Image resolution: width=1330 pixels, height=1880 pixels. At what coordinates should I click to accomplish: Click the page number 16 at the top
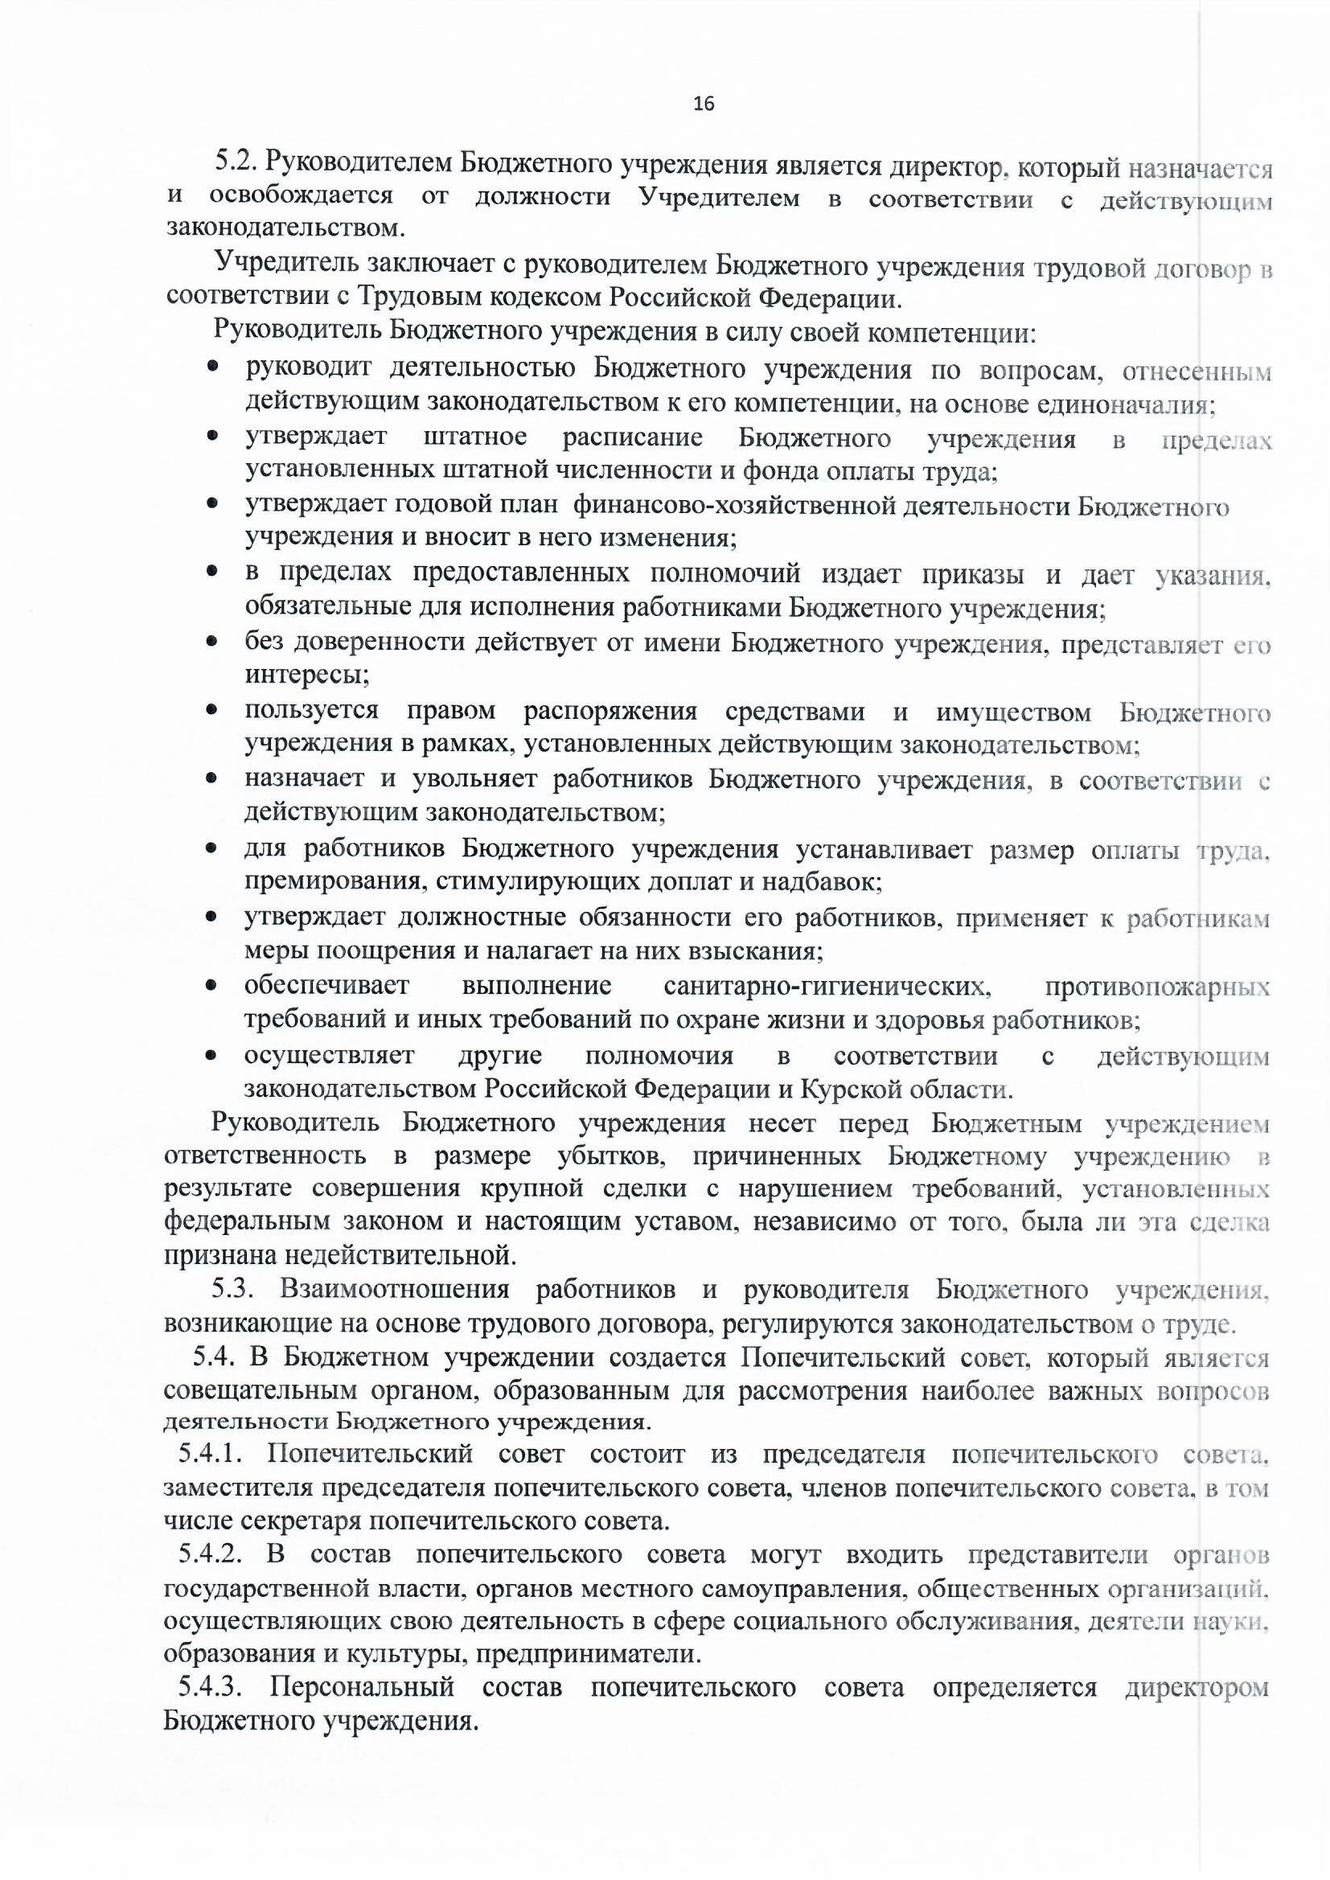click(704, 104)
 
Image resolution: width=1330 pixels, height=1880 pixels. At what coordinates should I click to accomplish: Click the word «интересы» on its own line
click(306, 676)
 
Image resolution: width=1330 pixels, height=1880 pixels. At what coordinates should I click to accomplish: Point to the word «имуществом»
click(1014, 712)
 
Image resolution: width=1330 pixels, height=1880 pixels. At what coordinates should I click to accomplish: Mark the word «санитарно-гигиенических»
click(828, 986)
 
